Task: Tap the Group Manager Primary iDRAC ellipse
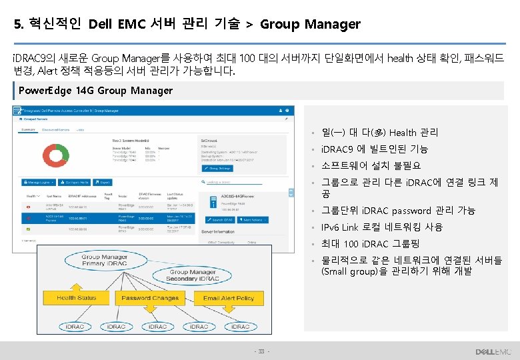point(105,260)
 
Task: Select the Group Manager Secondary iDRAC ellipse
point(192,275)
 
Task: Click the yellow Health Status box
point(76,298)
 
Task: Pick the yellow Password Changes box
point(150,298)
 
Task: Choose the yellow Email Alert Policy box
point(228,298)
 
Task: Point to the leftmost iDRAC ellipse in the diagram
point(75,327)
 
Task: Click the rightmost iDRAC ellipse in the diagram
point(241,327)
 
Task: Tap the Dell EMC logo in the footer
point(493,351)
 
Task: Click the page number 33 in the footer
point(261,351)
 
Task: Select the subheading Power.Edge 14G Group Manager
point(96,91)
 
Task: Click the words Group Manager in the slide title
point(310,25)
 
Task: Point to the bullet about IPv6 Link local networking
point(382,227)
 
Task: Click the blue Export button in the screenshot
point(101,181)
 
